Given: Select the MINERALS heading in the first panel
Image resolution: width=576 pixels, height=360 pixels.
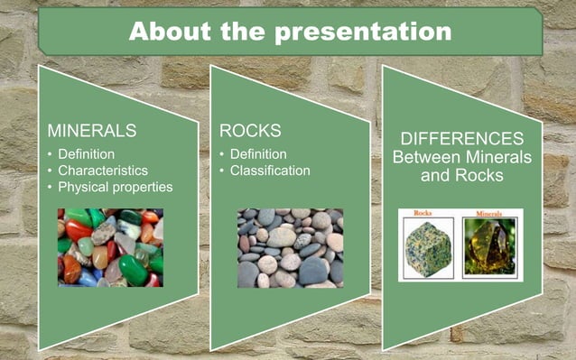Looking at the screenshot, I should [91, 131].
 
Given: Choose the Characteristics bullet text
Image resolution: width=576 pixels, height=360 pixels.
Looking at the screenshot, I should [103, 170].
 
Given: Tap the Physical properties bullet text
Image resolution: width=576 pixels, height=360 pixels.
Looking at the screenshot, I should [115, 187].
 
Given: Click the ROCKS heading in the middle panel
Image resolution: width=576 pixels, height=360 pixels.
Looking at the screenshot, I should [250, 131].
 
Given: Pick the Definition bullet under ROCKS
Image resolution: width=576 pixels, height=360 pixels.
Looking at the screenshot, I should [258, 153].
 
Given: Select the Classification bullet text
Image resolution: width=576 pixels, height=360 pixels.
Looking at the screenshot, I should [270, 170].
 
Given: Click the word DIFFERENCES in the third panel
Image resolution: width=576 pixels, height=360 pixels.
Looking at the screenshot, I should [461, 139].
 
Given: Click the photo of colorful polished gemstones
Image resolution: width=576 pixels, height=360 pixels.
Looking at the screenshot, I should [110, 247].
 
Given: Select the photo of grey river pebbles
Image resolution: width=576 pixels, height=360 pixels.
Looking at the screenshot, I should [290, 247].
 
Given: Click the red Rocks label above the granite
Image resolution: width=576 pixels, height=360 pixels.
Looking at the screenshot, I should [423, 214].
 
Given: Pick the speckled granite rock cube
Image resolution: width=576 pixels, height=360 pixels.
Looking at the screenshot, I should [427, 248].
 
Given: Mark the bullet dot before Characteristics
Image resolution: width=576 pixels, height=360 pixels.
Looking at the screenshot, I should [50, 171].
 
